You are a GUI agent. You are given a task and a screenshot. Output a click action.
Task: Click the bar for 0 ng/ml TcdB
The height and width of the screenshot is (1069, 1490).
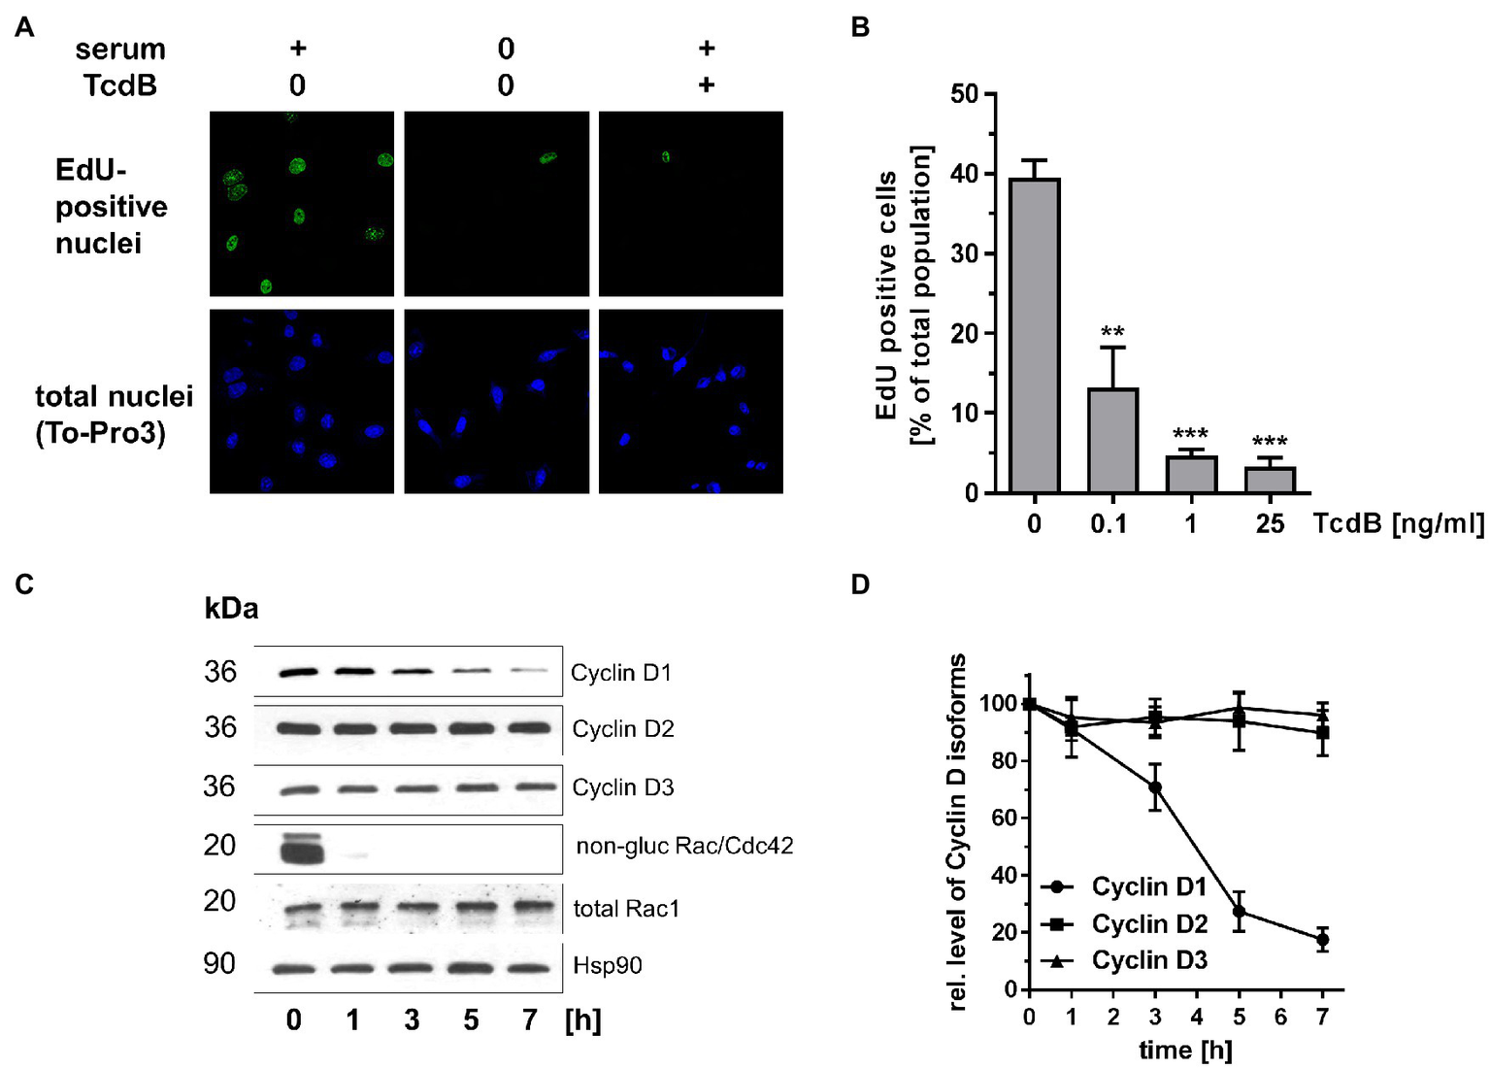point(1034,335)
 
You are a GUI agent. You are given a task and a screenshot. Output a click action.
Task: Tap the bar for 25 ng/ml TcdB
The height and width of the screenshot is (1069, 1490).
point(1270,480)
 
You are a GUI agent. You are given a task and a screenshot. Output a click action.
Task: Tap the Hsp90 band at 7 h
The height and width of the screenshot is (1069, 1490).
point(529,968)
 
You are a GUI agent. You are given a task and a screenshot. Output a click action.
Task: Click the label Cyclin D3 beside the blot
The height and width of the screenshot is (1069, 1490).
point(622,787)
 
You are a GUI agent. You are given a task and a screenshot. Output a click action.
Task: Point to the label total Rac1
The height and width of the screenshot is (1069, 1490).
point(626,909)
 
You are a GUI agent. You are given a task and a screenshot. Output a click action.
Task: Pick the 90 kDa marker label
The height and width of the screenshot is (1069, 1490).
point(219,963)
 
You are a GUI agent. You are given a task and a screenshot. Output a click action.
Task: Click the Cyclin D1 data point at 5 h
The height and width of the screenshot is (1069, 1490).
point(1239,912)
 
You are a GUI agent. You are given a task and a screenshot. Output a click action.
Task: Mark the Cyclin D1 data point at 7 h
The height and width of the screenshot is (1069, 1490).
point(1322,939)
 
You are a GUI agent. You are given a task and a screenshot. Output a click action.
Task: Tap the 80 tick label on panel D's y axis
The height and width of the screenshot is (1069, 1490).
point(1003,761)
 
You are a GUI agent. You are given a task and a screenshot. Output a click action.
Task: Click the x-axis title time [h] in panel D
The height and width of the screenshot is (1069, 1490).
point(1184,1050)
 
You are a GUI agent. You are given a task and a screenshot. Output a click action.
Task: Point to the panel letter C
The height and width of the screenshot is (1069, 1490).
point(24,584)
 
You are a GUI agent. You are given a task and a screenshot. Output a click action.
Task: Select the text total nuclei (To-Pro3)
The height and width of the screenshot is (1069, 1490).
point(114,415)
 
